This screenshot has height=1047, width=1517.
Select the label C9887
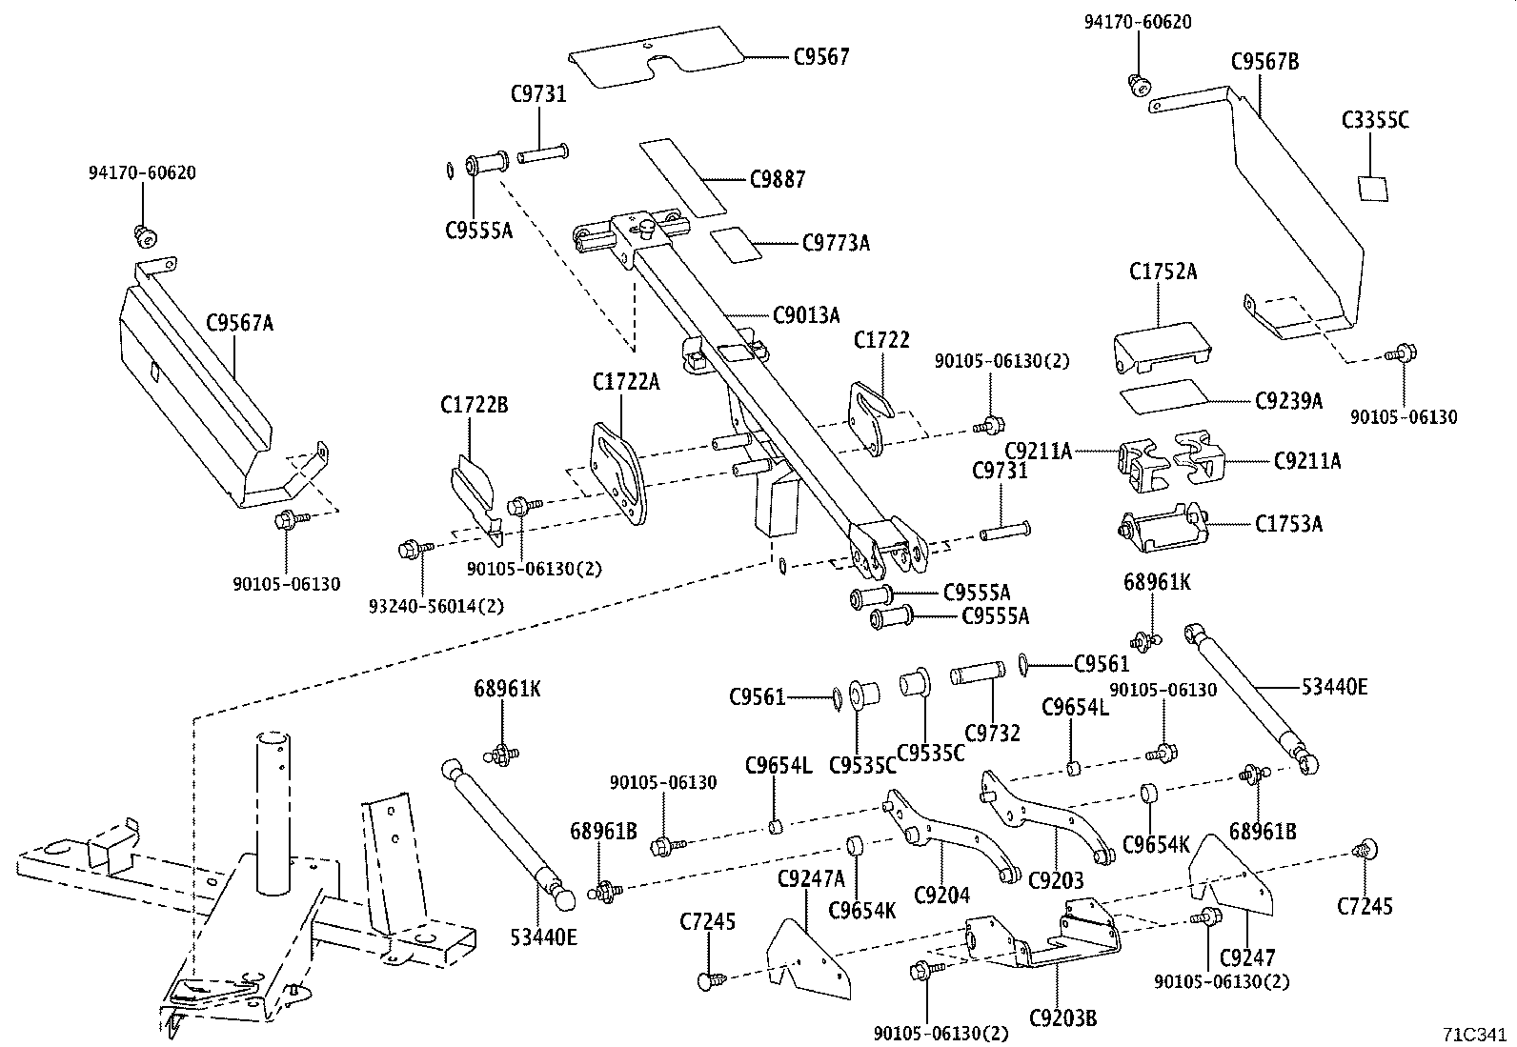coord(777,179)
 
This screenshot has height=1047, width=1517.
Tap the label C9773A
coord(836,243)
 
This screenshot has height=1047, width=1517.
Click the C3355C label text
coord(1375,120)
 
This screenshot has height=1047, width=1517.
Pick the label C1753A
coord(1288,523)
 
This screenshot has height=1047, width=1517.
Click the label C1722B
coord(474,406)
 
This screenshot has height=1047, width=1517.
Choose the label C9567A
coord(240,323)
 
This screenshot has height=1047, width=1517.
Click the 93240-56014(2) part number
coord(436,605)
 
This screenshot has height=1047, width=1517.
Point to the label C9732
coord(992,733)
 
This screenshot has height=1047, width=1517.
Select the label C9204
coord(941,895)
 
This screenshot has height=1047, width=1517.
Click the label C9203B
coord(1062,1018)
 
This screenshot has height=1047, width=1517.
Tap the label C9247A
coord(811,876)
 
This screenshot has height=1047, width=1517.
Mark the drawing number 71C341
coord(1474,1033)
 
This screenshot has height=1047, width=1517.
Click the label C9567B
coord(1264,62)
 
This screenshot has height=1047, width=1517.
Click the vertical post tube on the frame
coord(273,810)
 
